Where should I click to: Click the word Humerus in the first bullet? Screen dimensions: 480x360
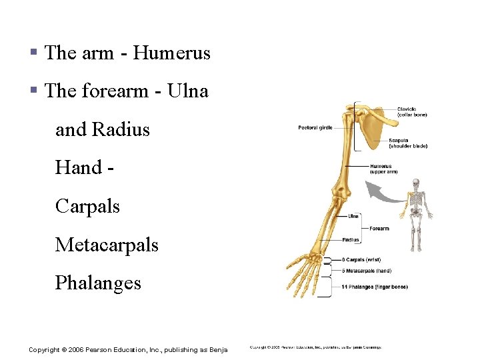[x=171, y=53]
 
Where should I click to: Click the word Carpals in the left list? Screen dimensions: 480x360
[x=87, y=206]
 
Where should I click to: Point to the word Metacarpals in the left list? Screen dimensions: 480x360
[x=107, y=245]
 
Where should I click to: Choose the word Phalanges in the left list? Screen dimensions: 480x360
[x=98, y=283]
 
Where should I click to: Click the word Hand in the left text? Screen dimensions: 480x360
[x=78, y=167]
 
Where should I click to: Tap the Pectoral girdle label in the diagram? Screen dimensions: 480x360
[x=315, y=127]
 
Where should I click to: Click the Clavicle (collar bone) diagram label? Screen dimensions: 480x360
[x=412, y=112]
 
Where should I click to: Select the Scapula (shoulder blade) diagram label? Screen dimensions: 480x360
[x=408, y=143]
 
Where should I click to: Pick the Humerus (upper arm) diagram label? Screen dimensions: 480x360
[x=383, y=169]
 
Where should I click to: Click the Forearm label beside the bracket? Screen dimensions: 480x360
[x=379, y=229]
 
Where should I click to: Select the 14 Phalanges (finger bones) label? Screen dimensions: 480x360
[x=374, y=287]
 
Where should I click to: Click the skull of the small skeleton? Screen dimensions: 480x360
[x=417, y=183]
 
